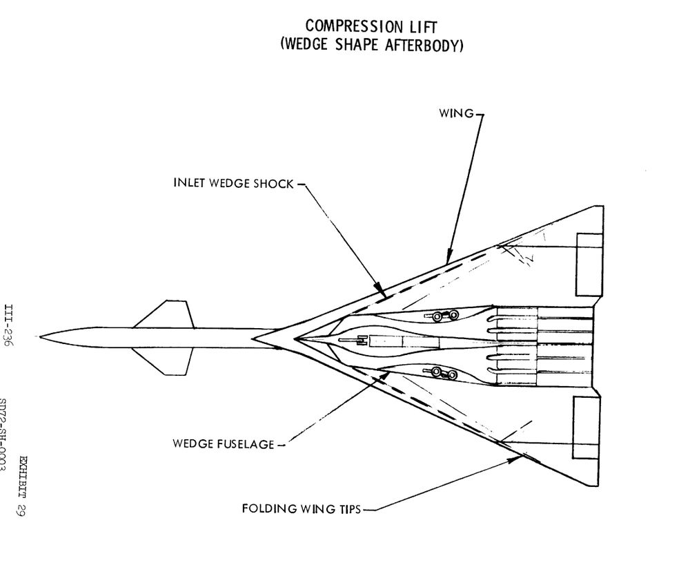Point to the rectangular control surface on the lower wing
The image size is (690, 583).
pyautogui.click(x=589, y=428)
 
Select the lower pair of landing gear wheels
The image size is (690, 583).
pyautogui.click(x=444, y=374)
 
